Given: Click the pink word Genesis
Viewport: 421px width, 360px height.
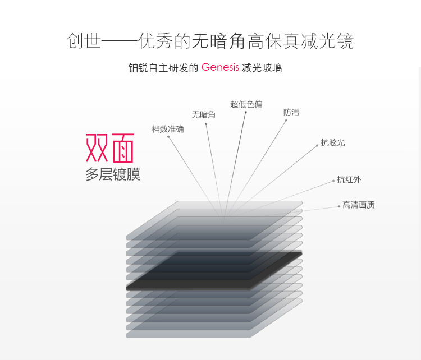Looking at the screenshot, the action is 220,67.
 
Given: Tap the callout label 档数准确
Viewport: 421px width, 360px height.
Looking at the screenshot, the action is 167,129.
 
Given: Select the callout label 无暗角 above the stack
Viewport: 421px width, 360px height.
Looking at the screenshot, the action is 203,114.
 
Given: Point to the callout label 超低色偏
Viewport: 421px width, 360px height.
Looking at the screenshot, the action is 246,104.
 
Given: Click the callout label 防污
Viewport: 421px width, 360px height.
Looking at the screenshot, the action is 291,112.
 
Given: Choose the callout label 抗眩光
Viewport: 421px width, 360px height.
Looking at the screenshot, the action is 333,142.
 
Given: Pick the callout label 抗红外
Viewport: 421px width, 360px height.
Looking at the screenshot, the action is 349,179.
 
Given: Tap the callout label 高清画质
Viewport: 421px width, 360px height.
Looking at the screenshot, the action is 359,205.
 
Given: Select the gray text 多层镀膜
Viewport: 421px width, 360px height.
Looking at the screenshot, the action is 112,174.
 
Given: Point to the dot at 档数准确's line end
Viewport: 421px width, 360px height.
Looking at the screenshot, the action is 168,137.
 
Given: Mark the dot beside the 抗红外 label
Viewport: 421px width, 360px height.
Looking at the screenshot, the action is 333,181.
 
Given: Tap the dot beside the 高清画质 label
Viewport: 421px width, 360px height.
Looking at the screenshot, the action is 339,206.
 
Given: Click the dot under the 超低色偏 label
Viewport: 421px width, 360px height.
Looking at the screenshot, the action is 246,112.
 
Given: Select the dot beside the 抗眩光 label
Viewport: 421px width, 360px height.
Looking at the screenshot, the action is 317,146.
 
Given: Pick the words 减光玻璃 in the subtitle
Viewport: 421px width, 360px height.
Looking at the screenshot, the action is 262,68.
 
